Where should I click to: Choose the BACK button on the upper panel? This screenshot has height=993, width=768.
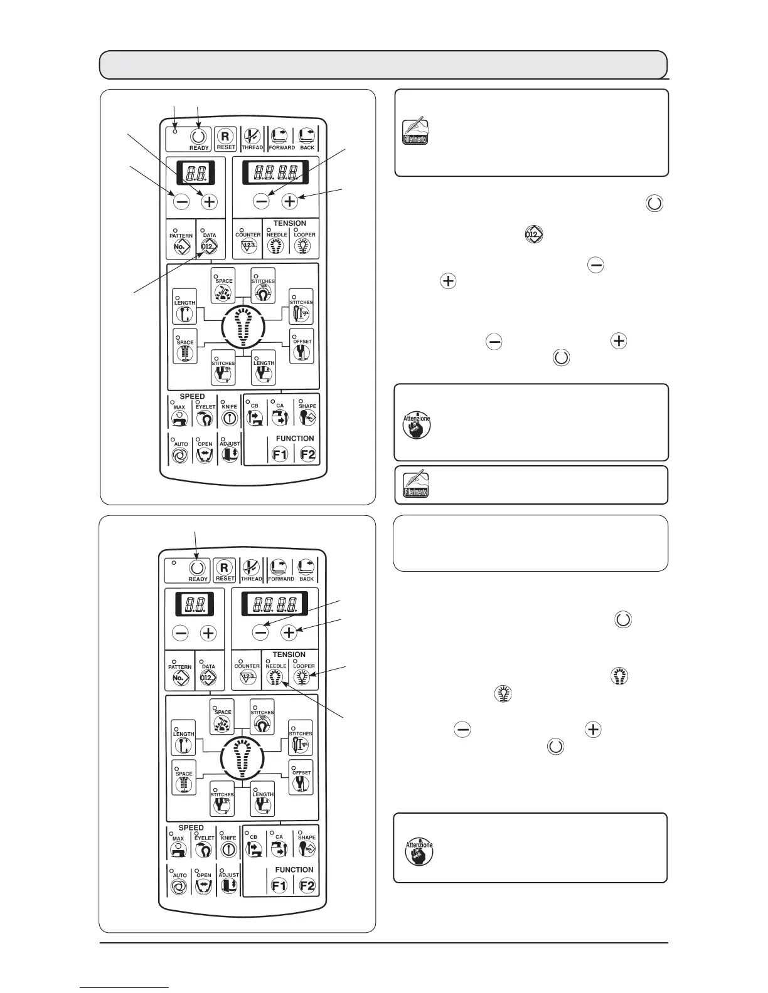[x=307, y=136]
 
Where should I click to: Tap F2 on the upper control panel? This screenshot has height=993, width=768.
[x=307, y=454]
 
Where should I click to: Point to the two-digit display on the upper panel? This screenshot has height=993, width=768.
[x=195, y=171]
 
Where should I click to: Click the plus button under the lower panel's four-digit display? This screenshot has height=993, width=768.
[x=289, y=633]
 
